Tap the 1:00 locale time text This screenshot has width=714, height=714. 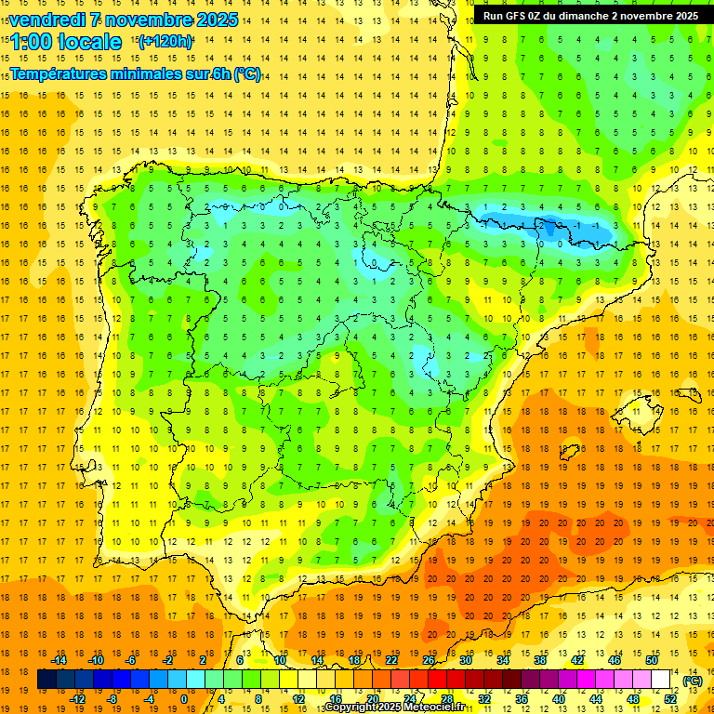65,42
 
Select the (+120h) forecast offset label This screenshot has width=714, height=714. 165,41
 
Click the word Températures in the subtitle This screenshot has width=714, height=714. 60,73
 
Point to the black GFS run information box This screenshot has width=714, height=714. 591,15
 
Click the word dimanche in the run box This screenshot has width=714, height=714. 581,15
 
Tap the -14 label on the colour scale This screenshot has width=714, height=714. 59,660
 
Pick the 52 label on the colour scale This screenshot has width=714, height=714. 670,699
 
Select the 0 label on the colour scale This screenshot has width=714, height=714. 183,699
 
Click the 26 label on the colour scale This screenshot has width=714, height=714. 429,660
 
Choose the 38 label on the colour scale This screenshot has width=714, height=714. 539,660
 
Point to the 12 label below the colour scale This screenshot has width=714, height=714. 299,699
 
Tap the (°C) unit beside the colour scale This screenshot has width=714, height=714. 693,680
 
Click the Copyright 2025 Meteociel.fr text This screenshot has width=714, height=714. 394,707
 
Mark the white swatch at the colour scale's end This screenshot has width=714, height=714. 661,680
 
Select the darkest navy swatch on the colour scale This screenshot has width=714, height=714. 46,680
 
